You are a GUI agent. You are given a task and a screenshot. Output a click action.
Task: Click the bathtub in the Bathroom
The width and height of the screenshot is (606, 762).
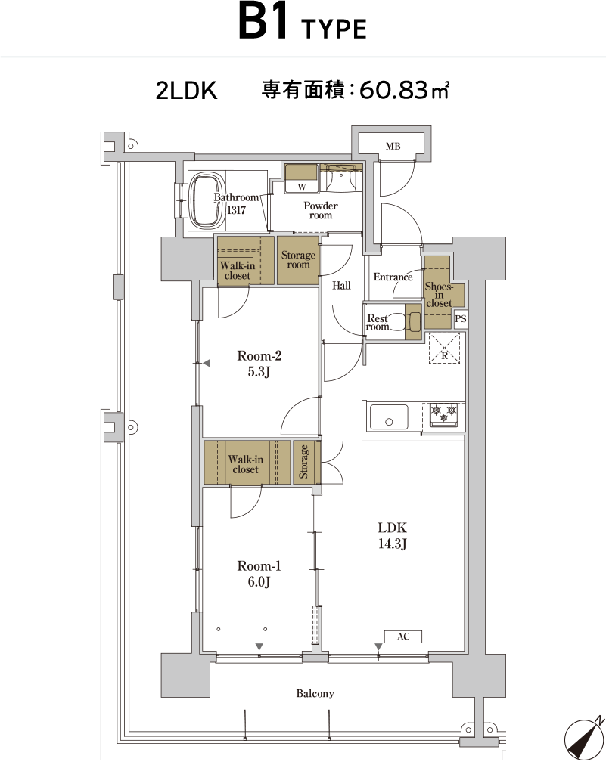207,201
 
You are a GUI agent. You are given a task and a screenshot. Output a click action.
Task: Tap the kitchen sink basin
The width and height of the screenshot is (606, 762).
389,417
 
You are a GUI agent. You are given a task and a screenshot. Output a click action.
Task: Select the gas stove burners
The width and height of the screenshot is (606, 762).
444,414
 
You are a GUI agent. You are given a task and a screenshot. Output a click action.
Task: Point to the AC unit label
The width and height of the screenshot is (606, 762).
403,637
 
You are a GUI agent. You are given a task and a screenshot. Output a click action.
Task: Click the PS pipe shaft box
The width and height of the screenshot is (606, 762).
461,319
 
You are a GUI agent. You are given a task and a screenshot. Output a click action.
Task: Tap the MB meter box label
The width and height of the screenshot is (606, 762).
393,146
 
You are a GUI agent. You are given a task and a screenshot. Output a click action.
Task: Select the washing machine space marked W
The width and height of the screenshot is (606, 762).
302,187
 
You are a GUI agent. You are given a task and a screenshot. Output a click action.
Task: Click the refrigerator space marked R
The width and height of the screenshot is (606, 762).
444,348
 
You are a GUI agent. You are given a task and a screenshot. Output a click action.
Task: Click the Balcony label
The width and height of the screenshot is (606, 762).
315,693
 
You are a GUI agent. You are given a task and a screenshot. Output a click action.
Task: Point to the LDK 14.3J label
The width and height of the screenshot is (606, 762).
392,535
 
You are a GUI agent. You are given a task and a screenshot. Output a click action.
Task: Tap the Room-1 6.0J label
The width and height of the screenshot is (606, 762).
259,574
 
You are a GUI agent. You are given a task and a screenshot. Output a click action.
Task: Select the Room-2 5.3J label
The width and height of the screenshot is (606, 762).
259,364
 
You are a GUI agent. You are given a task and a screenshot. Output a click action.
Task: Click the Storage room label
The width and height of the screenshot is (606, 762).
298,260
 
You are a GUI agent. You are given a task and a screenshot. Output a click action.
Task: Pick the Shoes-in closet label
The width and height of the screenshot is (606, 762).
439,295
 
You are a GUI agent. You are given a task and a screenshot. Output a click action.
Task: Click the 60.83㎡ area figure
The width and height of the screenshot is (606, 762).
404,91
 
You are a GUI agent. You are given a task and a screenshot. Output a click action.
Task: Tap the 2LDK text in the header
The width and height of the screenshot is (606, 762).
186,91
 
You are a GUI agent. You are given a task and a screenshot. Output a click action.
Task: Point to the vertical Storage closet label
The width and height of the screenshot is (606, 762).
303,462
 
